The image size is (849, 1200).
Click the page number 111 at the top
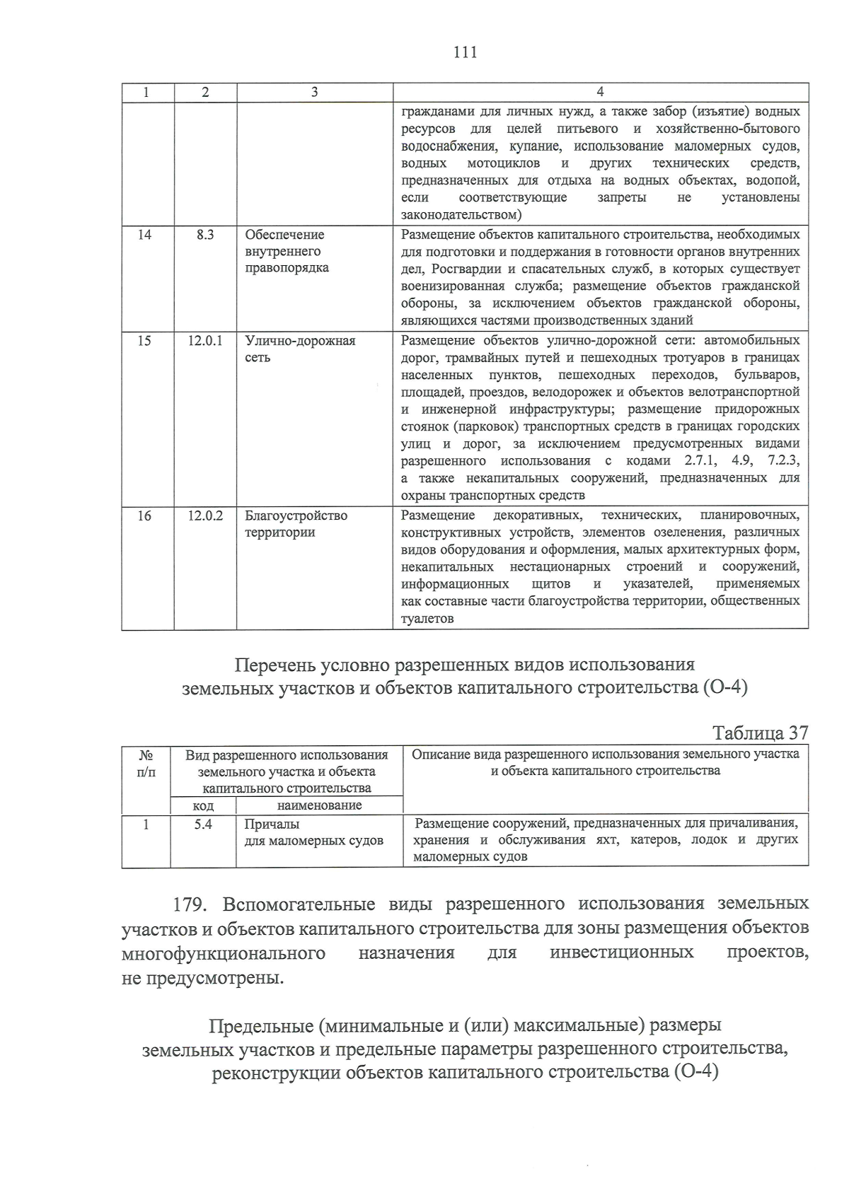pos(464,52)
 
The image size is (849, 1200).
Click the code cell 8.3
pos(205,235)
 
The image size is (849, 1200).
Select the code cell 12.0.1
pos(205,341)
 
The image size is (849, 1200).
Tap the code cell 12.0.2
pos(205,516)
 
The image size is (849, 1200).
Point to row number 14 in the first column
pos(144,235)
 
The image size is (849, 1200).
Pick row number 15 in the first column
pos(144,341)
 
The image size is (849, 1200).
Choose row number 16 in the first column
pos(144,516)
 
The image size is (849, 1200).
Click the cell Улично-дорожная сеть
pos(300,349)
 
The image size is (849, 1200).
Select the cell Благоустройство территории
pos(296,524)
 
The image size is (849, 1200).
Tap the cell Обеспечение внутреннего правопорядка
pos(287,252)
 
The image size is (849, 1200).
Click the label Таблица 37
pos(760,733)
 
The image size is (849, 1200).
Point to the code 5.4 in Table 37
pos(203,825)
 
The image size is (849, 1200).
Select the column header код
pos(203,806)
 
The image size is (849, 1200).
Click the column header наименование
pos(319,805)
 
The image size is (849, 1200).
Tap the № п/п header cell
pos(146,763)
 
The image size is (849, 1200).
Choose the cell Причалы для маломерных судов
pos(313,833)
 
